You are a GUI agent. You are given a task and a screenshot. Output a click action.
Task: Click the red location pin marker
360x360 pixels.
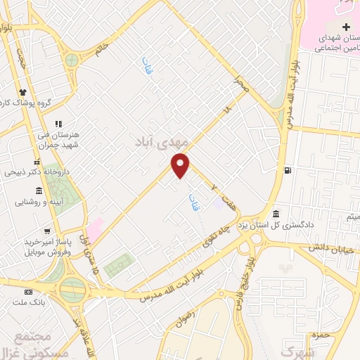(x=181, y=165)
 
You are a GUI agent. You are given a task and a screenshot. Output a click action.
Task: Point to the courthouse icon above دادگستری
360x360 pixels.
(x=276, y=214)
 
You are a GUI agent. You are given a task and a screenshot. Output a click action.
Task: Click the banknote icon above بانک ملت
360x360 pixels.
(x=28, y=292)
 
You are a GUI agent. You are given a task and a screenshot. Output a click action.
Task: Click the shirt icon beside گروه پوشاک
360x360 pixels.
(x=23, y=92)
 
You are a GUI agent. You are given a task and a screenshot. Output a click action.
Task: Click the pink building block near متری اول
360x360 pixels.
(x=95, y=226)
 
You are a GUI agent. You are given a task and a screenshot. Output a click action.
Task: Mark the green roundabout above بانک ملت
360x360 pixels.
(x=72, y=288)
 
